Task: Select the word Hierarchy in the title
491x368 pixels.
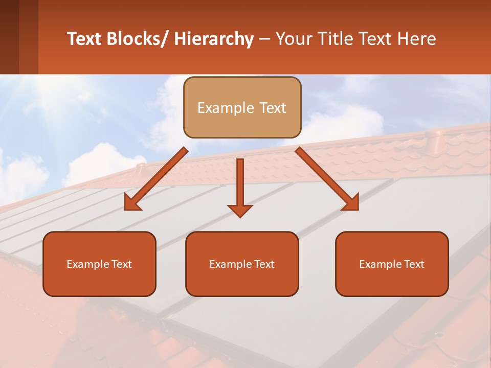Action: [x=214, y=39]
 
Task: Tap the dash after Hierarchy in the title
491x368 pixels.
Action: [x=264, y=39]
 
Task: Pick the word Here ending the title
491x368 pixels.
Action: [x=416, y=39]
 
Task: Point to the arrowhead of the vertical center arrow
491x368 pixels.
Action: [x=240, y=211]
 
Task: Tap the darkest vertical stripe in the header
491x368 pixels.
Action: [x=9, y=37]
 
